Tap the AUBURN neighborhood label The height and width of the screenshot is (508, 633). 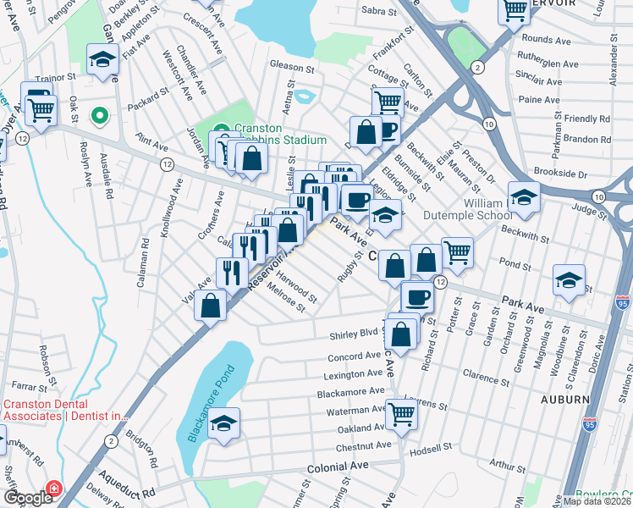tap(564, 398)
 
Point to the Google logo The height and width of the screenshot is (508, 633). tap(28, 498)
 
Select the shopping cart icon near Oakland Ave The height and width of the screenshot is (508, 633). tap(402, 414)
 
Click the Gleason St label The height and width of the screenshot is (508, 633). tap(292, 64)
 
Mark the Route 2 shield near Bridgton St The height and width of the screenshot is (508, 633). tap(111, 440)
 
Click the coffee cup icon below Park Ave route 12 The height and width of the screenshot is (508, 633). tap(416, 296)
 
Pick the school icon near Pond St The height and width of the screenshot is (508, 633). tap(569, 279)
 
